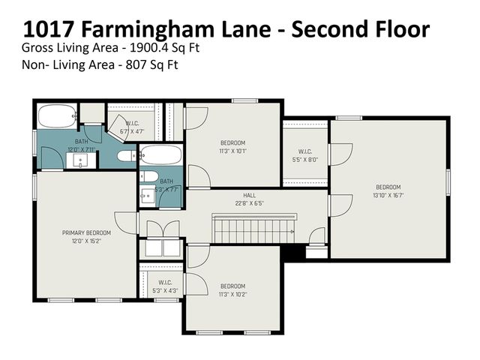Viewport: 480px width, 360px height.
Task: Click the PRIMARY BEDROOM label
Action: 86,232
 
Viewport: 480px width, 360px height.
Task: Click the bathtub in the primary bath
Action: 56,117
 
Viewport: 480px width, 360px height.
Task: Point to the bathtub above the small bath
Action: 160,156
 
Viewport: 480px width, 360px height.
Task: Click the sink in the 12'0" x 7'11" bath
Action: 82,159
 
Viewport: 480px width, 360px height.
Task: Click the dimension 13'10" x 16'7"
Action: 388,195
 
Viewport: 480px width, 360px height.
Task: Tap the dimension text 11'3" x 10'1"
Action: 232,150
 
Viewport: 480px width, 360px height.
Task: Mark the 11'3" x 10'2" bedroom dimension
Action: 232,294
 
